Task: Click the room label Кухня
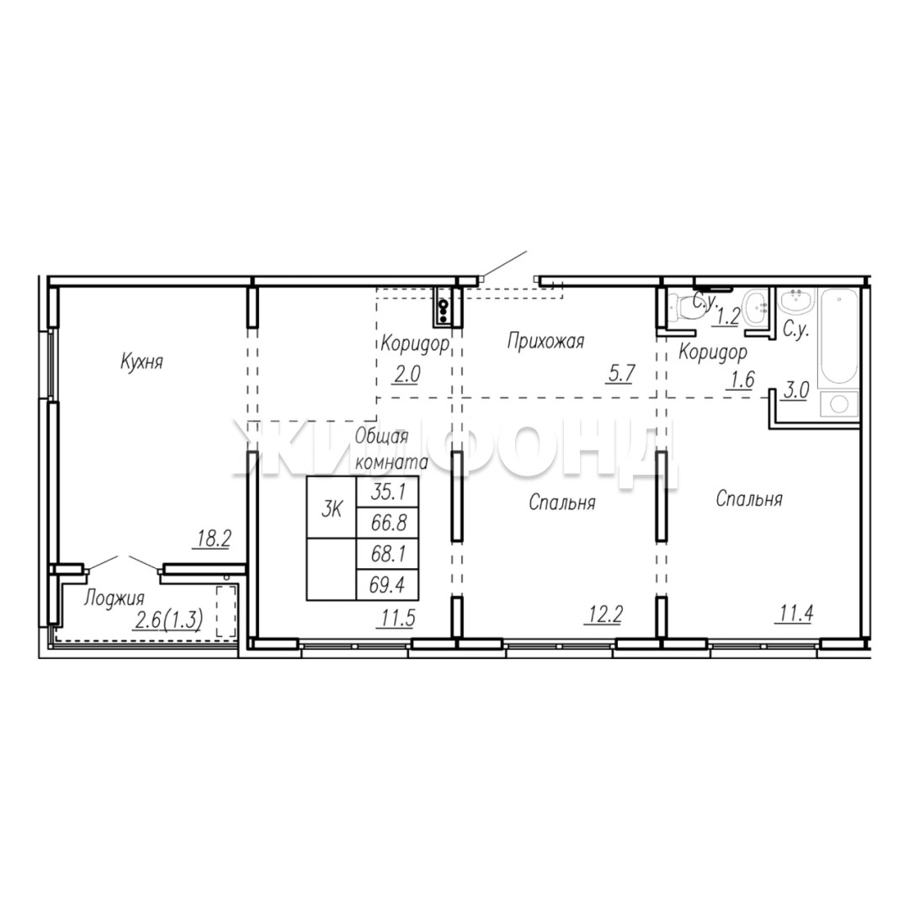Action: click(x=142, y=362)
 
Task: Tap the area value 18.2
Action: click(x=213, y=540)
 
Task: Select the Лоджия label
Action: click(x=114, y=598)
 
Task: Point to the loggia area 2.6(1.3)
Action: click(x=168, y=620)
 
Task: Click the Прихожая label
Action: click(x=545, y=341)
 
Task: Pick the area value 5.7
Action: click(x=620, y=374)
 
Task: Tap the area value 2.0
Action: click(x=407, y=375)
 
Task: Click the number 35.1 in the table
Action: click(x=387, y=492)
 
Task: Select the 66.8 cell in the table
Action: click(x=387, y=523)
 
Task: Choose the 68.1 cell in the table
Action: click(x=387, y=554)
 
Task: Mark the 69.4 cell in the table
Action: click(x=387, y=585)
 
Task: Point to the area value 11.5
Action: click(x=398, y=619)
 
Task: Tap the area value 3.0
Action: click(x=796, y=391)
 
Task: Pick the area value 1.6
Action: click(x=742, y=380)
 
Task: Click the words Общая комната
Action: click(x=391, y=449)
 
